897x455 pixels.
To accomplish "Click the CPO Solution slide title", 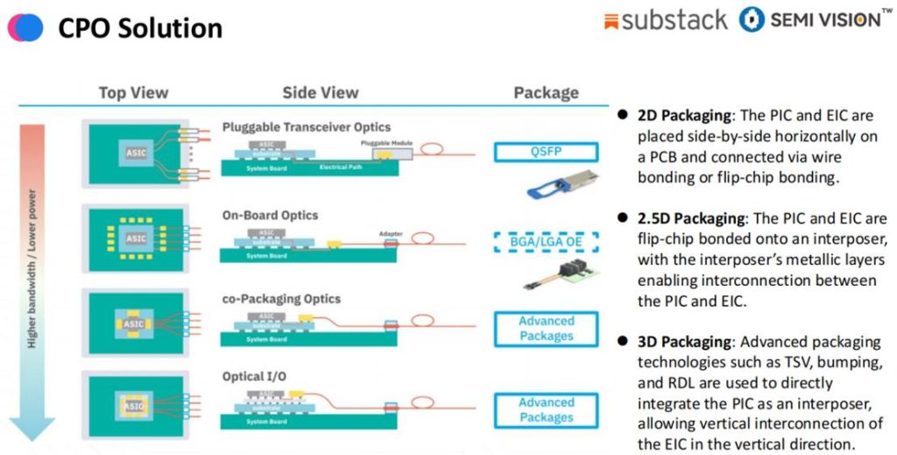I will (140, 28).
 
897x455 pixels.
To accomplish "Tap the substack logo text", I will (675, 20).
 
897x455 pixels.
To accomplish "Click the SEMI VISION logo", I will (810, 20).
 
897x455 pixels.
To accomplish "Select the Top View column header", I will (133, 93).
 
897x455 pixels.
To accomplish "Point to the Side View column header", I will (320, 93).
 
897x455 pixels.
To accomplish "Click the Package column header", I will (546, 93).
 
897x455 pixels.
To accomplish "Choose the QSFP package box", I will (546, 153).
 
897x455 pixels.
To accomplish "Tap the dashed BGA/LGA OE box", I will (546, 239).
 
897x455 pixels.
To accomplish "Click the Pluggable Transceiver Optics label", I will (307, 127).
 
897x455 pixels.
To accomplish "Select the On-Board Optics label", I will (271, 215).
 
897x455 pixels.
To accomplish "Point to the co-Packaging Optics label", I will (281, 299).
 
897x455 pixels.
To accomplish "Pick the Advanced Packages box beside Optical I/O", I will (546, 409).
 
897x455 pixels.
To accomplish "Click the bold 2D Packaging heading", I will (683, 116).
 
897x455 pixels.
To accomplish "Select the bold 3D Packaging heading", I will (683, 341).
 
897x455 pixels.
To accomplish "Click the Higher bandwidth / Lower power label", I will (32, 267).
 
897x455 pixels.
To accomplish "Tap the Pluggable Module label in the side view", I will (383, 141).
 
